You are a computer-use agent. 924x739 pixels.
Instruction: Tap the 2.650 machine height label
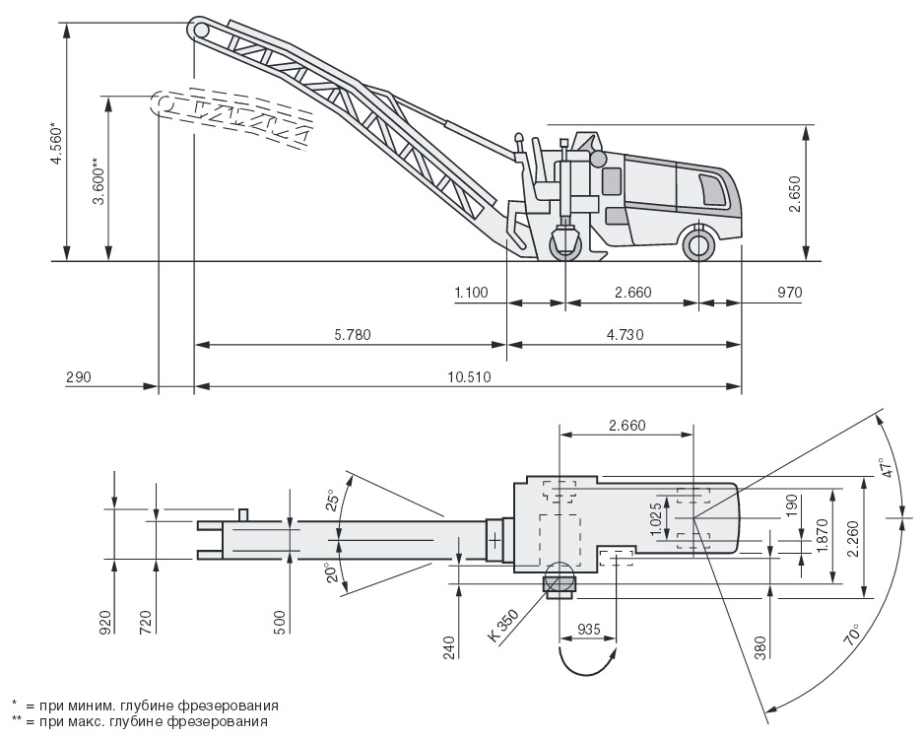(x=796, y=193)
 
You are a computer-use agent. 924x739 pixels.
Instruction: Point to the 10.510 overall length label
(x=470, y=376)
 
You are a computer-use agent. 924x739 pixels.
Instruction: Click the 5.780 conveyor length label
(x=353, y=335)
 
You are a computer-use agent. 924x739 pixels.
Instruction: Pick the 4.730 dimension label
(x=625, y=335)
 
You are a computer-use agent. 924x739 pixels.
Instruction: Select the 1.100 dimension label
(x=472, y=292)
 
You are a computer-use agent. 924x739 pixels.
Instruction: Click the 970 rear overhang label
(x=790, y=292)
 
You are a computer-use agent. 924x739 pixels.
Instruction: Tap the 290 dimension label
(x=79, y=376)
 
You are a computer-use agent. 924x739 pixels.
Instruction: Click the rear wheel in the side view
(x=698, y=244)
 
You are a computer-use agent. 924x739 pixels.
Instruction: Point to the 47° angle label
(x=888, y=467)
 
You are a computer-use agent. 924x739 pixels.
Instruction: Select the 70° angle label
(x=854, y=636)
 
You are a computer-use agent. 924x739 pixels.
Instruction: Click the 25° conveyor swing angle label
(x=332, y=500)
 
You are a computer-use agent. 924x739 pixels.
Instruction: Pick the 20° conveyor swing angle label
(x=332, y=572)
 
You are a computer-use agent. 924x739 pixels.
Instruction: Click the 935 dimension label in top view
(x=588, y=629)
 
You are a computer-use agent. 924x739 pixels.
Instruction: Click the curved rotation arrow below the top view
(x=587, y=662)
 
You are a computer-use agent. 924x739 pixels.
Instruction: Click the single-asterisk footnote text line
(x=145, y=705)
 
